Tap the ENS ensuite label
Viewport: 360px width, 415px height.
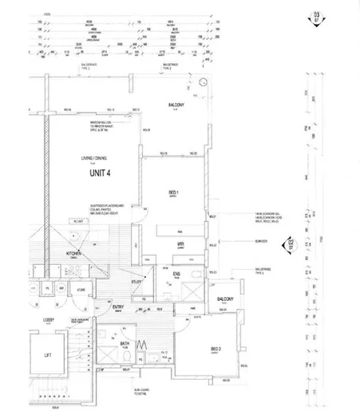pos(176,274)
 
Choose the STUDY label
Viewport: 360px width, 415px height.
pos(136,280)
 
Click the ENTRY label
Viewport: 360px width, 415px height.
pos(117,306)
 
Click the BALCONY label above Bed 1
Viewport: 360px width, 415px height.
pos(176,105)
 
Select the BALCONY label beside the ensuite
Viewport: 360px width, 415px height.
pos(224,299)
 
